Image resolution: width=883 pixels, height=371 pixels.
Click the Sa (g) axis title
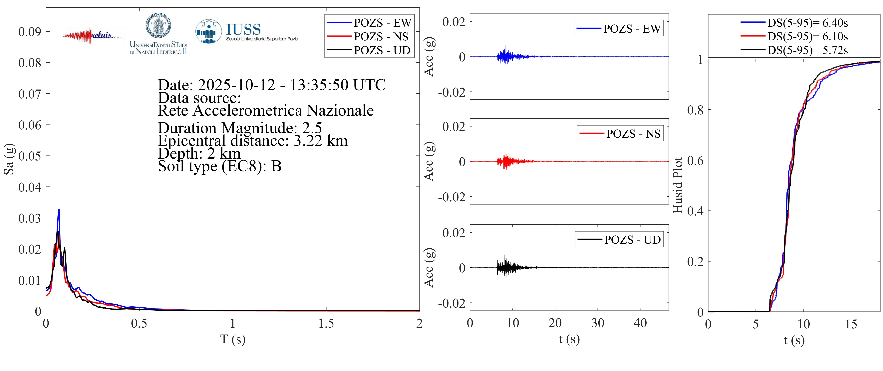click(x=9, y=159)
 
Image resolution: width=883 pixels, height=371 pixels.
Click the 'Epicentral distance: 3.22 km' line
click(x=253, y=141)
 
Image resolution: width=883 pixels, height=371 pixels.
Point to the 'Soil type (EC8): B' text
click(x=219, y=166)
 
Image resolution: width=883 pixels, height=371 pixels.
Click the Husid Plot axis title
click(x=678, y=185)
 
